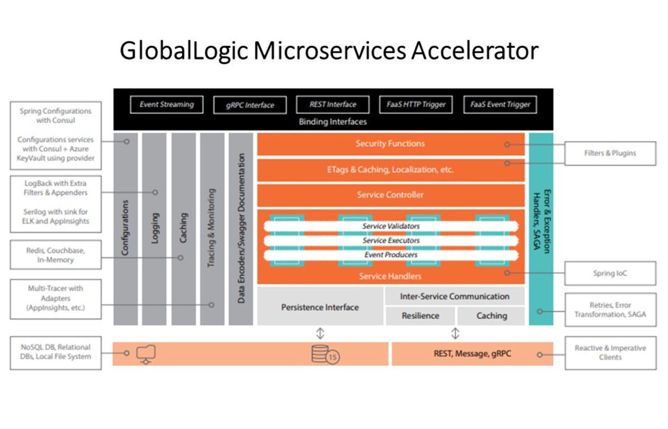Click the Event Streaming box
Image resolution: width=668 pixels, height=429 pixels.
[x=166, y=105]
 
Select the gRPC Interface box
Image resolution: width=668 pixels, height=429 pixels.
[x=250, y=105]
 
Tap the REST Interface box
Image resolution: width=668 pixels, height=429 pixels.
[x=332, y=105]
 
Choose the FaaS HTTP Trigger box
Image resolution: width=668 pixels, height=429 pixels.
[x=416, y=105]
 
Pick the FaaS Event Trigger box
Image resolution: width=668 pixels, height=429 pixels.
[x=500, y=105]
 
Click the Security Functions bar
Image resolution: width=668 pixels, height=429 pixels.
[x=390, y=144]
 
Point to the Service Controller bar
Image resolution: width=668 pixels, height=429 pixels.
[x=390, y=195]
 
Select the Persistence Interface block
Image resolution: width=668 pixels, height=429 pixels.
[x=320, y=307]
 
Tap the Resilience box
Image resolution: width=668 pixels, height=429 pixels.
[x=420, y=316]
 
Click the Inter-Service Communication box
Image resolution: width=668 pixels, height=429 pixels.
[x=454, y=297]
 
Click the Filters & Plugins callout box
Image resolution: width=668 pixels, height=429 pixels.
[x=610, y=153]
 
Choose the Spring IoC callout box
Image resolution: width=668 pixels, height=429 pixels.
[x=610, y=273]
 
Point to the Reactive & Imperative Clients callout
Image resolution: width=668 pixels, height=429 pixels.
[x=610, y=353]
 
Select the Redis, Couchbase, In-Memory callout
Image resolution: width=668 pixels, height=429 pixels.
[x=55, y=255]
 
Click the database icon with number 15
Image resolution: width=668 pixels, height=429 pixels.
[x=325, y=355]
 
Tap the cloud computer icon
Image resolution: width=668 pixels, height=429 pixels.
[x=146, y=354]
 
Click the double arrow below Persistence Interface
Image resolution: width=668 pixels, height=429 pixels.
[x=320, y=333]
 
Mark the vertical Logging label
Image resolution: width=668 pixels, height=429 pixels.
[x=155, y=228]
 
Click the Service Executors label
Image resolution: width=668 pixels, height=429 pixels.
[x=391, y=240]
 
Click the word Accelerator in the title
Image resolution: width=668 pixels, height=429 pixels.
[x=475, y=50]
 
